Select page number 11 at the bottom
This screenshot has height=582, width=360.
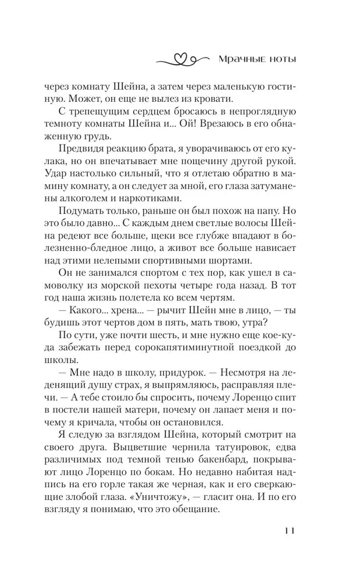pos(290,531)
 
